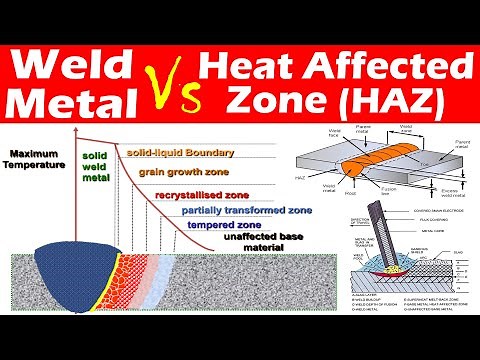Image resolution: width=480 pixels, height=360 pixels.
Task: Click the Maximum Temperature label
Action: click(x=34, y=159)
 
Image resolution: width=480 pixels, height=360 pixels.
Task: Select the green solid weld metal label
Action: click(x=95, y=170)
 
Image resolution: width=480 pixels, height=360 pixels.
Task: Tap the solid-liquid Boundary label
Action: click(x=180, y=152)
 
